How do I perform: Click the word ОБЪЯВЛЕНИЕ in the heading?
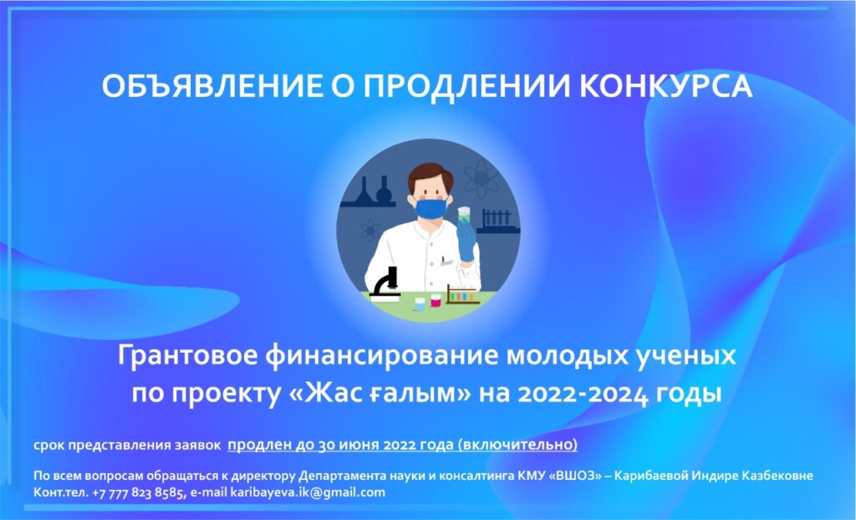pyautogui.click(x=211, y=86)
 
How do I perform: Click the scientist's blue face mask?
pyautogui.click(x=431, y=209)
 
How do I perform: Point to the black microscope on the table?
pyautogui.click(x=385, y=284)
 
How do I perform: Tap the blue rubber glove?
pyautogui.click(x=466, y=240)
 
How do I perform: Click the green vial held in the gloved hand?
pyautogui.click(x=464, y=214)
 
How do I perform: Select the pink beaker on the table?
pyautogui.click(x=436, y=300)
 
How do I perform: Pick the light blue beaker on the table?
pyautogui.click(x=420, y=303)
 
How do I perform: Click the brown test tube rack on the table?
pyautogui.click(x=462, y=295)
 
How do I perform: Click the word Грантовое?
pyautogui.click(x=187, y=355)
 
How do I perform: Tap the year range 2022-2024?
pyautogui.click(x=583, y=395)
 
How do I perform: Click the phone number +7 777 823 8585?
pyautogui.click(x=138, y=492)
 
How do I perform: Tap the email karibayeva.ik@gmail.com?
pyautogui.click(x=308, y=492)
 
